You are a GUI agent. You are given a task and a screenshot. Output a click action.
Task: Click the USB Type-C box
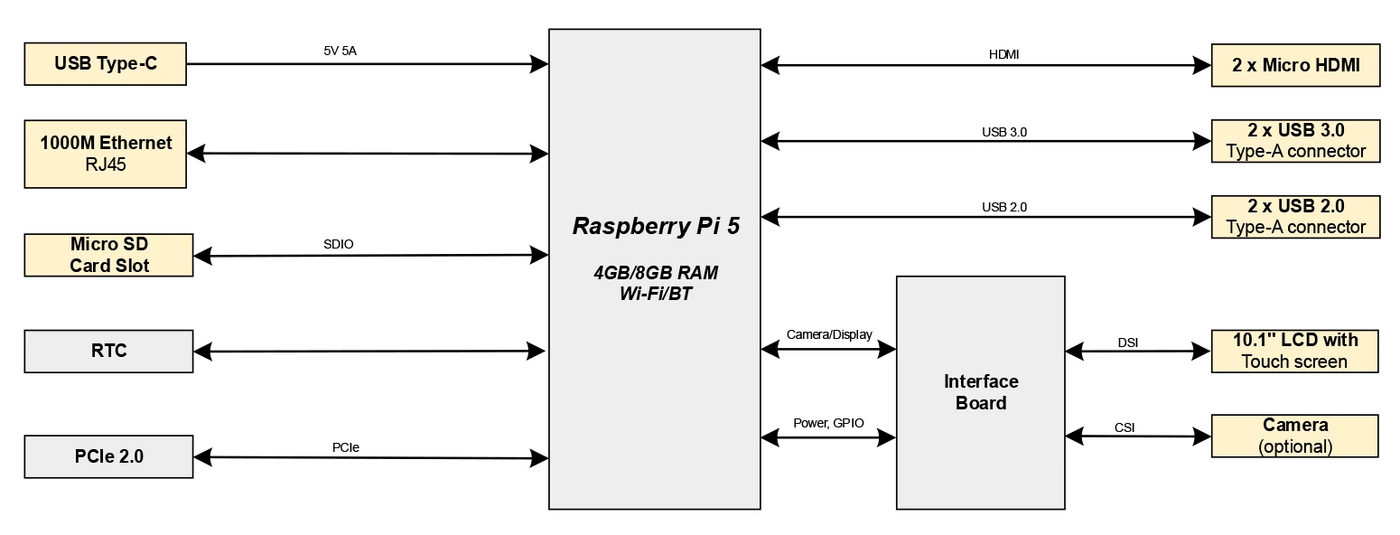coord(105,64)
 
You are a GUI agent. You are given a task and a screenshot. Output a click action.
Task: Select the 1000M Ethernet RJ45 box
coord(105,154)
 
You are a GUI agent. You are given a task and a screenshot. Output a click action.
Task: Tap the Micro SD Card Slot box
coord(108,255)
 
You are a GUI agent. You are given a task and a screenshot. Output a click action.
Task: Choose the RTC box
coord(108,352)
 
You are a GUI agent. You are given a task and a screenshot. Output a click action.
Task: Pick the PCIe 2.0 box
coord(108,457)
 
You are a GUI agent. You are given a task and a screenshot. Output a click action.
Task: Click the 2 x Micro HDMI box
coord(1295,65)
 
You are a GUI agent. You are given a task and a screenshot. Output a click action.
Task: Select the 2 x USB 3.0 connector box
coord(1295,141)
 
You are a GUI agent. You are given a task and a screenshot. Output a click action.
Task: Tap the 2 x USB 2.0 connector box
coord(1295,217)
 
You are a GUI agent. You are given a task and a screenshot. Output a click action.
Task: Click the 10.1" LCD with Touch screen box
coord(1294,352)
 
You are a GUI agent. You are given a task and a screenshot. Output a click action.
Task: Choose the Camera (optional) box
coord(1294,436)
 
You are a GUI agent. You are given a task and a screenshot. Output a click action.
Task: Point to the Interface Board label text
coord(981,392)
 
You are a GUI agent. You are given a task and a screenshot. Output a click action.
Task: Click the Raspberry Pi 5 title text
coord(656,226)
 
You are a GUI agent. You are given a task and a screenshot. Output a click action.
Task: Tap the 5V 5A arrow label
coord(340,51)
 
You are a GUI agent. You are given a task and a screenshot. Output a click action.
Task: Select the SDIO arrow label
coord(338,244)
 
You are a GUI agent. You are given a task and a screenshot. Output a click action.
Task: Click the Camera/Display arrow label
coord(829,335)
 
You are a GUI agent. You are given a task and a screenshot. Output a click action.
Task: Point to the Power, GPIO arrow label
coord(829,423)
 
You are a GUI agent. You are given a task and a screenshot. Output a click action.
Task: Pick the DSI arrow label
coord(1127,343)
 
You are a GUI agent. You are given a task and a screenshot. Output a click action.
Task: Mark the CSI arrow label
coord(1125,427)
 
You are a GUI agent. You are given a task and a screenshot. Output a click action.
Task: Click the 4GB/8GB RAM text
coord(656,273)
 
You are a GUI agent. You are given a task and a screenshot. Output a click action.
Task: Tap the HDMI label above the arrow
coord(1003,54)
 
